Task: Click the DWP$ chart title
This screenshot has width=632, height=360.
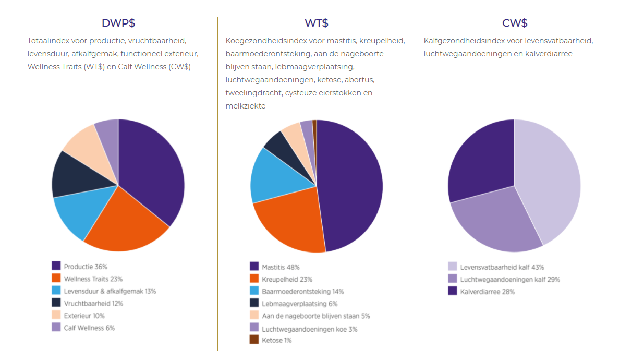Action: tap(118, 23)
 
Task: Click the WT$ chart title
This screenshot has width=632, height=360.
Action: tap(317, 23)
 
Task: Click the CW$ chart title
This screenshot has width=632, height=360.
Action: tap(515, 23)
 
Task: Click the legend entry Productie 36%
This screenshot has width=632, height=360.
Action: tap(86, 267)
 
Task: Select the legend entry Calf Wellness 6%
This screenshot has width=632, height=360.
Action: tap(89, 328)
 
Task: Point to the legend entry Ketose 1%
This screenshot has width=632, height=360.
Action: tap(276, 340)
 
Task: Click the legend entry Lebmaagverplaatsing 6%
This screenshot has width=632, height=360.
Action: tap(299, 304)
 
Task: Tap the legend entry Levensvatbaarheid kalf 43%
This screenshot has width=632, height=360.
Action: tap(502, 267)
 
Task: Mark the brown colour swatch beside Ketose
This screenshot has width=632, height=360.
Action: tap(254, 340)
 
